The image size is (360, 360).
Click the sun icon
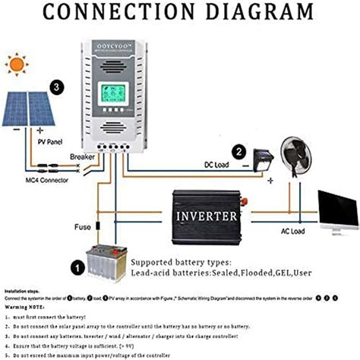click(x=15, y=65)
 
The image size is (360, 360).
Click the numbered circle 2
click(x=239, y=153)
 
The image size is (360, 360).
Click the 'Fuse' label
click(x=82, y=227)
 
